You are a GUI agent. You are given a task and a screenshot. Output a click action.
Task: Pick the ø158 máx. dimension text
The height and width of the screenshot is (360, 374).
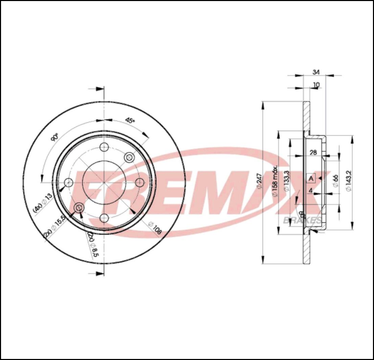click(x=272, y=183)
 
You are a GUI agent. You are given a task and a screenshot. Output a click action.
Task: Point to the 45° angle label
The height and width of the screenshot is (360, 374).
click(x=130, y=119)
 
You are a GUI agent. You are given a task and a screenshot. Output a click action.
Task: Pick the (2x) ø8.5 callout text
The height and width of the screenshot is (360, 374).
click(x=93, y=244)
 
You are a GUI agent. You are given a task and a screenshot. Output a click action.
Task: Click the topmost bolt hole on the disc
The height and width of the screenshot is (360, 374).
click(x=103, y=147)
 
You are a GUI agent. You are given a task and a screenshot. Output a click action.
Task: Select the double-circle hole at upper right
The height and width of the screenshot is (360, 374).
click(x=129, y=157)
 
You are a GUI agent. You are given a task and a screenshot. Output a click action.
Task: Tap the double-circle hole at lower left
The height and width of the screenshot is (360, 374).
click(x=78, y=208)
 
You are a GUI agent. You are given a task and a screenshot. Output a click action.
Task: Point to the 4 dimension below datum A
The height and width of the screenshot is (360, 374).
click(x=311, y=191)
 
